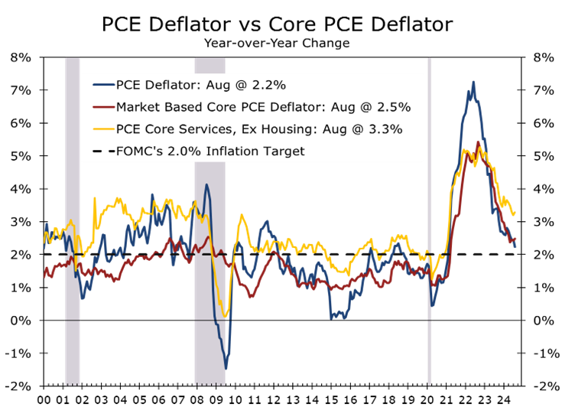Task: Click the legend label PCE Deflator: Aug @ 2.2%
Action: tap(201, 84)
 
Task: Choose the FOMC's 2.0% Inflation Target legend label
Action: tap(210, 151)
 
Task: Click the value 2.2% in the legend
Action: tap(271, 84)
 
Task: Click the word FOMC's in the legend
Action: tap(139, 151)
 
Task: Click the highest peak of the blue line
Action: tap(473, 81)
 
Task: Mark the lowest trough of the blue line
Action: tap(226, 369)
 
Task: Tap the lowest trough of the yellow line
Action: tap(226, 317)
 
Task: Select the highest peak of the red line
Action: tap(478, 142)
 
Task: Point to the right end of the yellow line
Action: tap(515, 213)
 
